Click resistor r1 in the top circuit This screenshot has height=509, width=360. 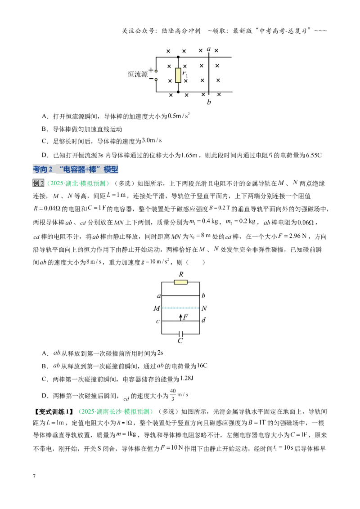178,75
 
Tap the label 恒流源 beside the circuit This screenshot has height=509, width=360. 137,74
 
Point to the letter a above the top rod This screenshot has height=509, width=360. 209,49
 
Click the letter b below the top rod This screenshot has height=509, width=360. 209,102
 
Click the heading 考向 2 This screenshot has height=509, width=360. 43,169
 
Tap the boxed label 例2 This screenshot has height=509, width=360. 38,183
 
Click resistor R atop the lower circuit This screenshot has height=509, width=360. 180,282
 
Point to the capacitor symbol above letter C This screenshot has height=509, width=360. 180,334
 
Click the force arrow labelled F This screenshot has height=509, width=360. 180,317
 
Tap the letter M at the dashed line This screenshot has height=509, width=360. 157,308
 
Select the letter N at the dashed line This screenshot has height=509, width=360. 204,308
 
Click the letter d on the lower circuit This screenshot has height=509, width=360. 204,320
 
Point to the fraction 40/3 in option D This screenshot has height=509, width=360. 173,395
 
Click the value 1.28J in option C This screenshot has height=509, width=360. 187,379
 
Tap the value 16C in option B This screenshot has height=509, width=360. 202,366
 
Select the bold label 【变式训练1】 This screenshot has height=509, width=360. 54,411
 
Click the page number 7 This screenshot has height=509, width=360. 34,476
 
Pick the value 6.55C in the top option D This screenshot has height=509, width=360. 314,155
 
